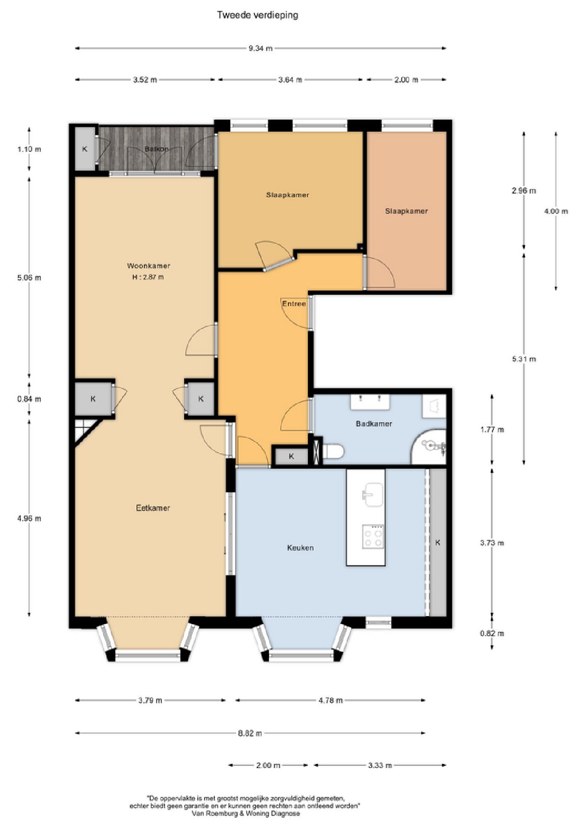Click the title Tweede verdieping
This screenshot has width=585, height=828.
[257, 15]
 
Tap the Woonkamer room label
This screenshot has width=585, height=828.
[148, 265]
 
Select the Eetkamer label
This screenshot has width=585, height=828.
[153, 508]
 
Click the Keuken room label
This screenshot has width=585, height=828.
[300, 548]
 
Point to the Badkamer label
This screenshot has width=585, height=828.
[374, 423]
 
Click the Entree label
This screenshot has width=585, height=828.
[294, 304]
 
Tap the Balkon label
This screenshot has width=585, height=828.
[157, 149]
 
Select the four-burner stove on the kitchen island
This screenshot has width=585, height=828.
[373, 536]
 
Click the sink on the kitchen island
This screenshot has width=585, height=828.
[373, 494]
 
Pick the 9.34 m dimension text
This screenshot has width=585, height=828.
[260, 49]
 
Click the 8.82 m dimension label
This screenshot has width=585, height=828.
[250, 733]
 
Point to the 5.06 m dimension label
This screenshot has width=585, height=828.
[29, 277]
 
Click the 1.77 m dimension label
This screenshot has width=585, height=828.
[492, 430]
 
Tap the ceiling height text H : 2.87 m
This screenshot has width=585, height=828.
[148, 277]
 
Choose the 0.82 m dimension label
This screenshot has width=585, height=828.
[492, 633]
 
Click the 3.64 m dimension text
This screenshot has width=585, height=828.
[290, 80]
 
